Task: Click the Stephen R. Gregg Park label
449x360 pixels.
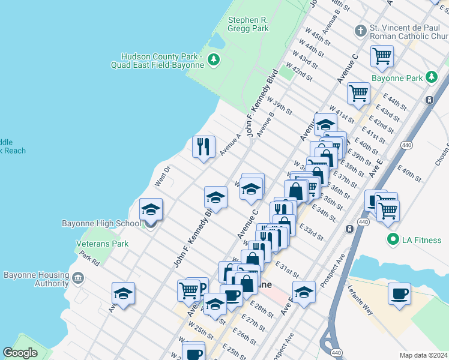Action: tap(247, 24)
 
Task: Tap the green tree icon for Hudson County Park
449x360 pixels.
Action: tap(212, 59)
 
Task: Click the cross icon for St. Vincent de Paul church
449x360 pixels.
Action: tap(360, 30)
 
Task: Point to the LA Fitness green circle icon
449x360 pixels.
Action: tap(393, 240)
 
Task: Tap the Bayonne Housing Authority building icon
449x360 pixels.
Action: tap(77, 279)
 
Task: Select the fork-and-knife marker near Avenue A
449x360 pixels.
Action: tap(203, 146)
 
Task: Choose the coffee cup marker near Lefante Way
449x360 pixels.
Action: tap(399, 294)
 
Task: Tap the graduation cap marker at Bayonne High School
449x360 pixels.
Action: tap(151, 210)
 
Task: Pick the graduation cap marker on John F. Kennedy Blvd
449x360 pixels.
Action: tap(215, 197)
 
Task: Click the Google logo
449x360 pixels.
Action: tap(20, 353)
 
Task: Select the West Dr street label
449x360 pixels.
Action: tap(163, 177)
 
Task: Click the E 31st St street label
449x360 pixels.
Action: tap(287, 268)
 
